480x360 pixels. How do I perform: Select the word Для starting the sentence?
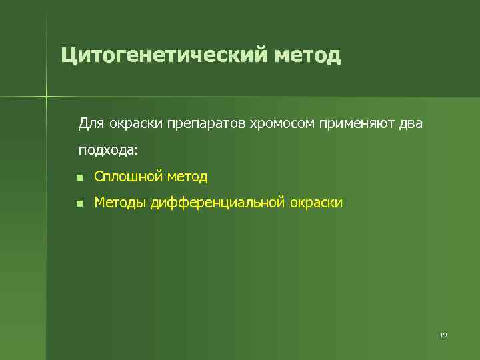click(x=89, y=123)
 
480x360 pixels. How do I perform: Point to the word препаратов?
click(x=207, y=123)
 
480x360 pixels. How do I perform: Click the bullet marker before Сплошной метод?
click(x=79, y=177)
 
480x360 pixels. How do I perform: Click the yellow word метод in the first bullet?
click(x=187, y=177)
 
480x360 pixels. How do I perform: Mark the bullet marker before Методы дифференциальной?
click(x=79, y=203)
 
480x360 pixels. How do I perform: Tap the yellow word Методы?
click(x=121, y=203)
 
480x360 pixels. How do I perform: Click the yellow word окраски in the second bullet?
click(x=316, y=203)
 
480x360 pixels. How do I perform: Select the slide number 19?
click(x=443, y=335)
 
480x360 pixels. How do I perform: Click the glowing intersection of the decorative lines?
click(x=47, y=97)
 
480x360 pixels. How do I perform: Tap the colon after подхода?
click(x=137, y=151)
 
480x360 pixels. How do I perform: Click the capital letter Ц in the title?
click(x=67, y=55)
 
